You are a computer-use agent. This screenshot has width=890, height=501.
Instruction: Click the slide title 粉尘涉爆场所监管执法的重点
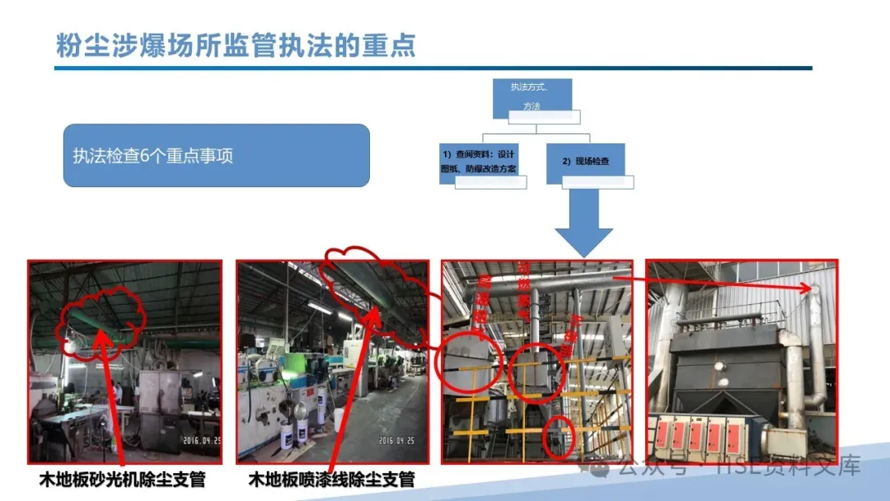[236, 44]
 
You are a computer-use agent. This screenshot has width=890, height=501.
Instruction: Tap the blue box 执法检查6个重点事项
[216, 155]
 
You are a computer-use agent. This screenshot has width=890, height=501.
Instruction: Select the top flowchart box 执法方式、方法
[532, 97]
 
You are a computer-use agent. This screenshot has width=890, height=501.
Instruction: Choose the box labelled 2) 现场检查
[585, 162]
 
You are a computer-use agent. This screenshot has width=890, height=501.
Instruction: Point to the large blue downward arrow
[583, 227]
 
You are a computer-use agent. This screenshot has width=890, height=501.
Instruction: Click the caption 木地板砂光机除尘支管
[122, 479]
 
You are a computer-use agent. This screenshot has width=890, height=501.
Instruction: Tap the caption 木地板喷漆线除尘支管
[331, 479]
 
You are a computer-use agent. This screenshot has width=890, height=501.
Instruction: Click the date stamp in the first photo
[201, 439]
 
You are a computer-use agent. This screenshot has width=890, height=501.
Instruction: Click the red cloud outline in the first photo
[104, 321]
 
